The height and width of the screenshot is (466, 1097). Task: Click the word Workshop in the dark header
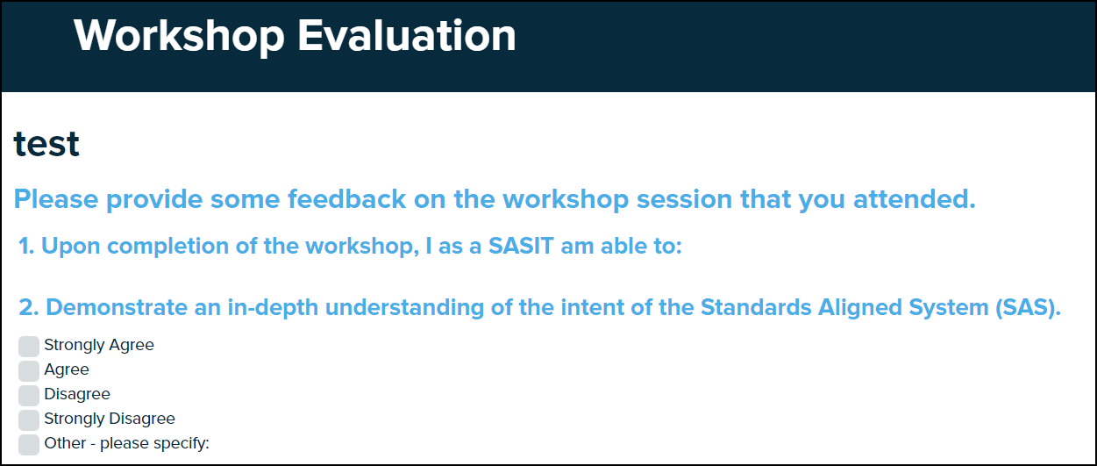(179, 37)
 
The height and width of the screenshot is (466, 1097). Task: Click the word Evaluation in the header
(407, 35)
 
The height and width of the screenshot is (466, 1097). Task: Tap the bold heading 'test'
(46, 144)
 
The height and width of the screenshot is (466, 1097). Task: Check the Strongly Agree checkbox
(29, 347)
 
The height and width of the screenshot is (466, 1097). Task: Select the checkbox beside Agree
(29, 371)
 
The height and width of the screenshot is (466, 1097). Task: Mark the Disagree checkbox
(29, 396)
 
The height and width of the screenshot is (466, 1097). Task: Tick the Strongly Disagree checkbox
(29, 420)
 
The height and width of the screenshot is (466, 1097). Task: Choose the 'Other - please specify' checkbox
(29, 444)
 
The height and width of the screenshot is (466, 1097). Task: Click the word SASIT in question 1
(521, 246)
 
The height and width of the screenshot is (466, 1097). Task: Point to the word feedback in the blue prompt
(346, 199)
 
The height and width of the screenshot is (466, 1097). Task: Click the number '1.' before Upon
(26, 246)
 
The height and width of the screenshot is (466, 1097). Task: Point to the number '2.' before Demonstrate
(28, 308)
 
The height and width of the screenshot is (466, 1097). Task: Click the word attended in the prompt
(915, 199)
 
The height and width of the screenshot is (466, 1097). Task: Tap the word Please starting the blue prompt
(56, 199)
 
